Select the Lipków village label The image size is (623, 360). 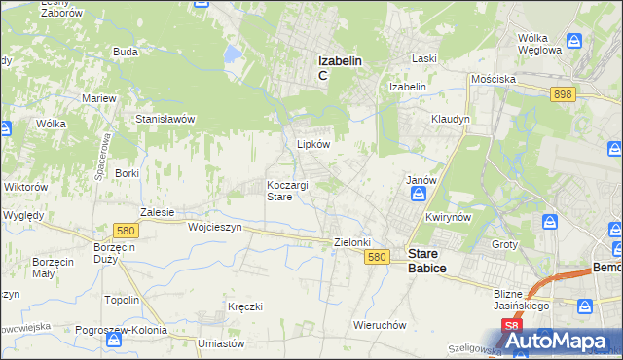click(313, 143)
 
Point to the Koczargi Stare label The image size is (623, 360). click(288, 190)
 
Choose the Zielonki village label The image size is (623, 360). click(352, 241)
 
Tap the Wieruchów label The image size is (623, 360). click(379, 324)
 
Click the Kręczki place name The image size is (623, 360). click(245, 306)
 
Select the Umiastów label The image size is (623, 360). click(218, 343)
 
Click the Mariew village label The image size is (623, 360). click(99, 98)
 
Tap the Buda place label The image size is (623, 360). click(124, 51)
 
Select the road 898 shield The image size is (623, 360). click(562, 93)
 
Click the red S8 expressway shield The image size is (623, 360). click(511, 326)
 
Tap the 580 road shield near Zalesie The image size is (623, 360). click(124, 231)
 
